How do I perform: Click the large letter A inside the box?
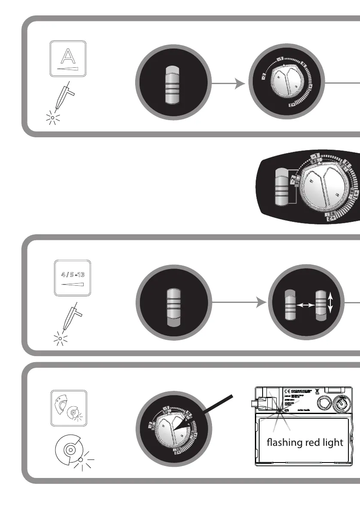pos(68,56)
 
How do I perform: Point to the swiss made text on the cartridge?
pos(302,410)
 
